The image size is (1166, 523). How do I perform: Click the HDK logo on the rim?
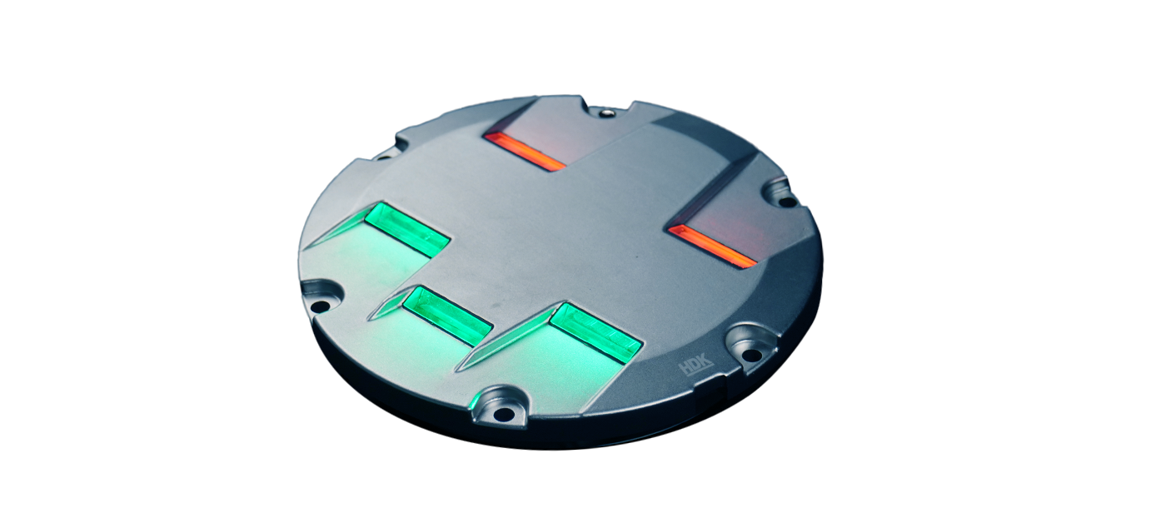695,367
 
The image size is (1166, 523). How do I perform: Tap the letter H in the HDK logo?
685,369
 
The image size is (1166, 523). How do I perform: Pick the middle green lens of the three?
448,316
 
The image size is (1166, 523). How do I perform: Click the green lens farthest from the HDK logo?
407,230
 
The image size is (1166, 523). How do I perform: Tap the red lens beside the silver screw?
524,152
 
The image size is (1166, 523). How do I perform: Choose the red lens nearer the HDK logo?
712,247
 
